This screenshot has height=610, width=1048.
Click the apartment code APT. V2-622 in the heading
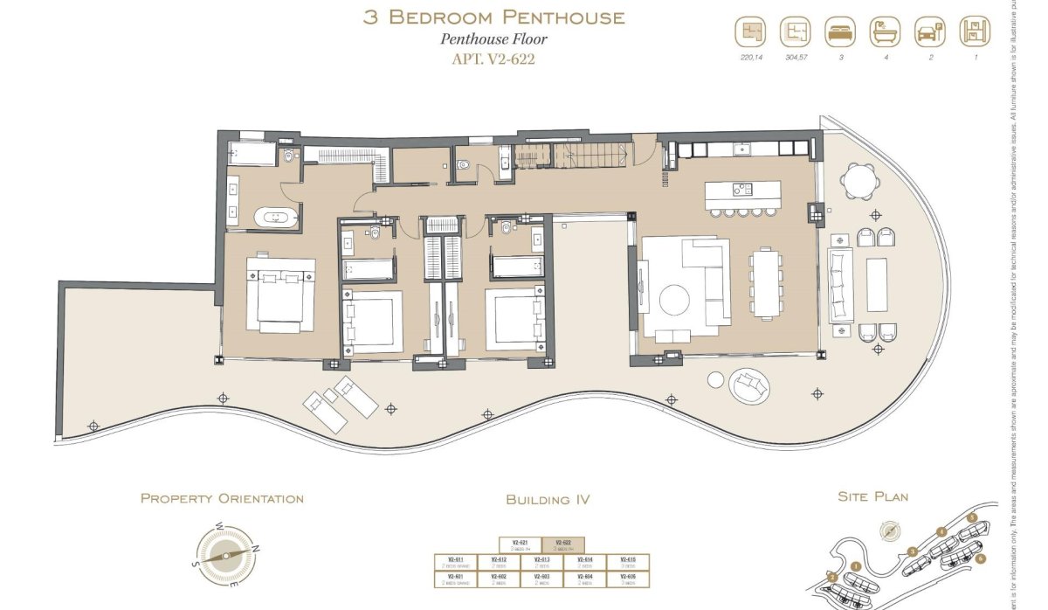pyautogui.click(x=493, y=59)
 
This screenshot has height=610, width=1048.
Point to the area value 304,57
pyautogui.click(x=795, y=58)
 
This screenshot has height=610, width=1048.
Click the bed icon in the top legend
pyautogui.click(x=839, y=32)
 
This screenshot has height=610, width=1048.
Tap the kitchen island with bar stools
pyautogui.click(x=743, y=193)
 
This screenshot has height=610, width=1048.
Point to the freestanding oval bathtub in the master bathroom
pyautogui.click(x=275, y=217)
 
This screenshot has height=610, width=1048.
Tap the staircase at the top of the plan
pyautogui.click(x=572, y=157)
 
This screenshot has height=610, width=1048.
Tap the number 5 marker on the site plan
pyautogui.click(x=971, y=517)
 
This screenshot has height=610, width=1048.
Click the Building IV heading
pyautogui.click(x=548, y=500)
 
